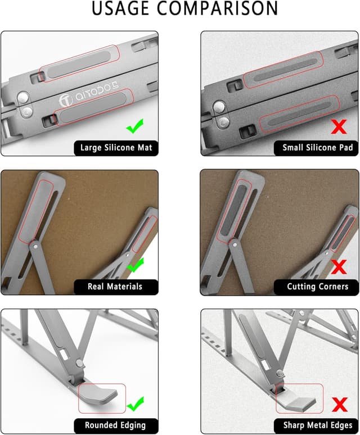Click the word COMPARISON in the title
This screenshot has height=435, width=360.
click(217, 8)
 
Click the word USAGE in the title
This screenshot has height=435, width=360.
click(120, 8)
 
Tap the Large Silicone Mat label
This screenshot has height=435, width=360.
click(116, 148)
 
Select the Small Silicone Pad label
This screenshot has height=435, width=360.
click(318, 148)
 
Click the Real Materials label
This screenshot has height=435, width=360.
click(115, 286)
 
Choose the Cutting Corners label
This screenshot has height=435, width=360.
click(318, 286)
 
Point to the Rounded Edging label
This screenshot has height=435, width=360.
click(115, 425)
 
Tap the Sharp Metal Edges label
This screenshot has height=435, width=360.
click(318, 425)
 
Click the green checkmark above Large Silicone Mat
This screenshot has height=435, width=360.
click(135, 126)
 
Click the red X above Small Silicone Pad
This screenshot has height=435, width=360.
click(339, 127)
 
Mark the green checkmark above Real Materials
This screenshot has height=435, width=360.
click(135, 265)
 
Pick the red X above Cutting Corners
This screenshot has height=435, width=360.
click(339, 267)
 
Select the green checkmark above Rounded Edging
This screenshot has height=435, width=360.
click(136, 404)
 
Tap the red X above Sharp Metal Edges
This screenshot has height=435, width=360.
click(339, 405)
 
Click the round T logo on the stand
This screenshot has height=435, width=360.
click(66, 101)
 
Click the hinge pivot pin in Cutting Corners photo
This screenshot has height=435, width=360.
click(235, 245)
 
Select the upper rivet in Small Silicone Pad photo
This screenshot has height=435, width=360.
click(219, 106)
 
